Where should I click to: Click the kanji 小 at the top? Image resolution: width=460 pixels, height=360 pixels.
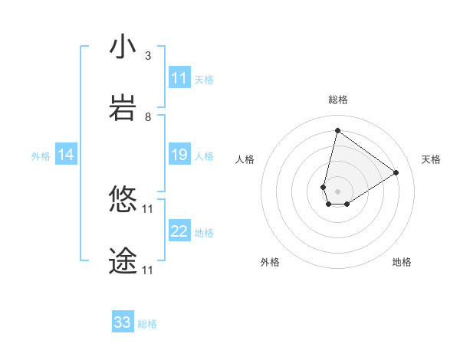point(123,48)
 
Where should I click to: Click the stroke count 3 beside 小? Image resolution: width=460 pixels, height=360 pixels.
point(147,56)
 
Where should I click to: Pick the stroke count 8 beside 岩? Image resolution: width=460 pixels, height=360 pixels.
point(147,117)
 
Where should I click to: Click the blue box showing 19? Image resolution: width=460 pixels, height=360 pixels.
point(179,155)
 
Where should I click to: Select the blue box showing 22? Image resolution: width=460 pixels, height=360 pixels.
point(179,231)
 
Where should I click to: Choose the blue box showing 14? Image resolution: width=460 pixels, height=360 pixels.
point(66,155)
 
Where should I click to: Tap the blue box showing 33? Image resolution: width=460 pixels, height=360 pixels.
point(123,322)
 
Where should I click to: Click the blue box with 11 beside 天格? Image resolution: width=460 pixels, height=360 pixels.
point(179,78)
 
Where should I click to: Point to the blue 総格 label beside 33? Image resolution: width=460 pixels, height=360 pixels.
point(147,324)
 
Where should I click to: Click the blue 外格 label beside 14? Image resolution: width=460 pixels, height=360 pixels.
point(41,155)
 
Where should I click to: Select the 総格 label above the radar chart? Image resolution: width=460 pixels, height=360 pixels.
point(337,100)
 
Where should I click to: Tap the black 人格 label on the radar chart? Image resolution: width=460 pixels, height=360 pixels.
point(245,159)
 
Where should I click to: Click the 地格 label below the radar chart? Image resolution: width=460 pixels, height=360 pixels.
point(402,262)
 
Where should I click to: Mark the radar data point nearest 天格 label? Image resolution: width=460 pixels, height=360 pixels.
point(396,172)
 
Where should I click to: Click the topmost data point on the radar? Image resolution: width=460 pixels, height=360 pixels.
point(337,130)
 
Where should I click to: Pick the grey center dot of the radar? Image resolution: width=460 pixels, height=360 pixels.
point(337,191)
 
